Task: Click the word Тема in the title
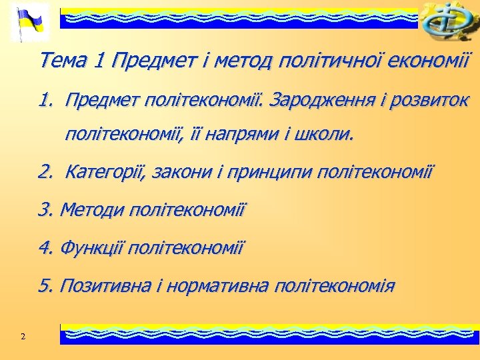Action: point(64,61)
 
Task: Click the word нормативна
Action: point(217,287)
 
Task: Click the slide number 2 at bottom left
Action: point(23,336)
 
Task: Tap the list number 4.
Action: point(45,249)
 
